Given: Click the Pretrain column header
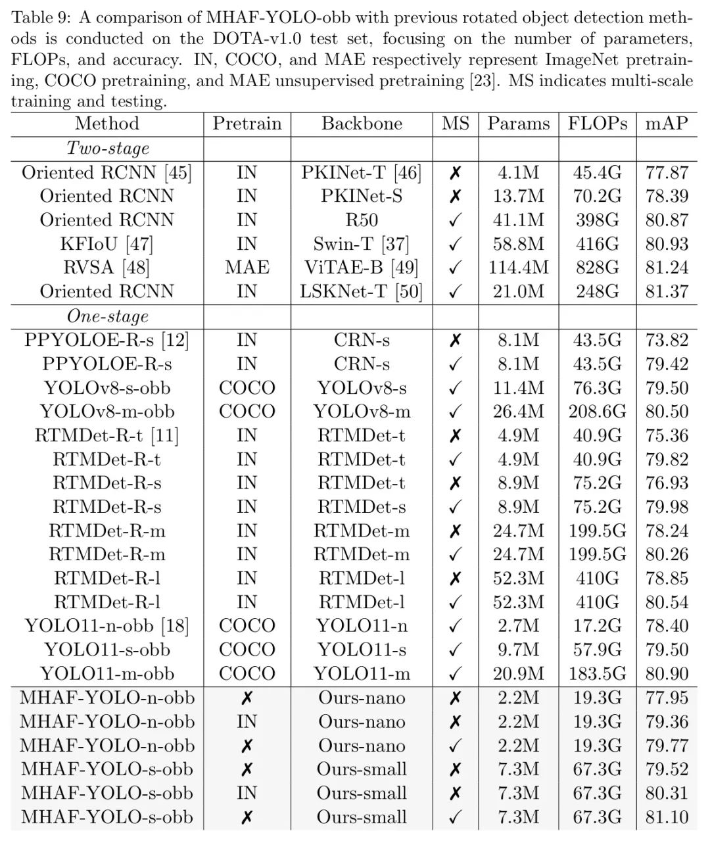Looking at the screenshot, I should tap(247, 124).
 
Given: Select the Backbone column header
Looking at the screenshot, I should tap(362, 124).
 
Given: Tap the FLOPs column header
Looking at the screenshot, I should tap(597, 124).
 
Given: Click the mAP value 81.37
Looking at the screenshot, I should tap(667, 291).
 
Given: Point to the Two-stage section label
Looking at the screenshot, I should tap(107, 149).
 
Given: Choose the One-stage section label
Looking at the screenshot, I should tap(107, 316).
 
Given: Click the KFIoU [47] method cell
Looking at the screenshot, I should tap(107, 244).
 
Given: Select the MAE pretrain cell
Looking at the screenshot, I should tap(247, 268).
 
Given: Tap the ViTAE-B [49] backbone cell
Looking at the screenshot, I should tap(362, 268).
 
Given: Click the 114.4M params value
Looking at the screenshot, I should tap(518, 268).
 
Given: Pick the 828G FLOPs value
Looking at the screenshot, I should tap(597, 268).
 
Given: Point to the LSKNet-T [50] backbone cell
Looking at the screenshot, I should tap(362, 291).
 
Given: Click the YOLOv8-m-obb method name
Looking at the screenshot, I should tap(107, 412).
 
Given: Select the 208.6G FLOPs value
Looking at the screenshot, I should tap(597, 412).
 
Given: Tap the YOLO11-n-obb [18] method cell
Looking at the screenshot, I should tap(107, 625).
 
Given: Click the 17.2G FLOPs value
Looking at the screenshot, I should tap(597, 625).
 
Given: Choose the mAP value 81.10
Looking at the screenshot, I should tap(667, 817).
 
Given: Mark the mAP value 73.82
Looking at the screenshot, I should tap(667, 340).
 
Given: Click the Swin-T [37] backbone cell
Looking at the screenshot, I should tap(362, 244).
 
